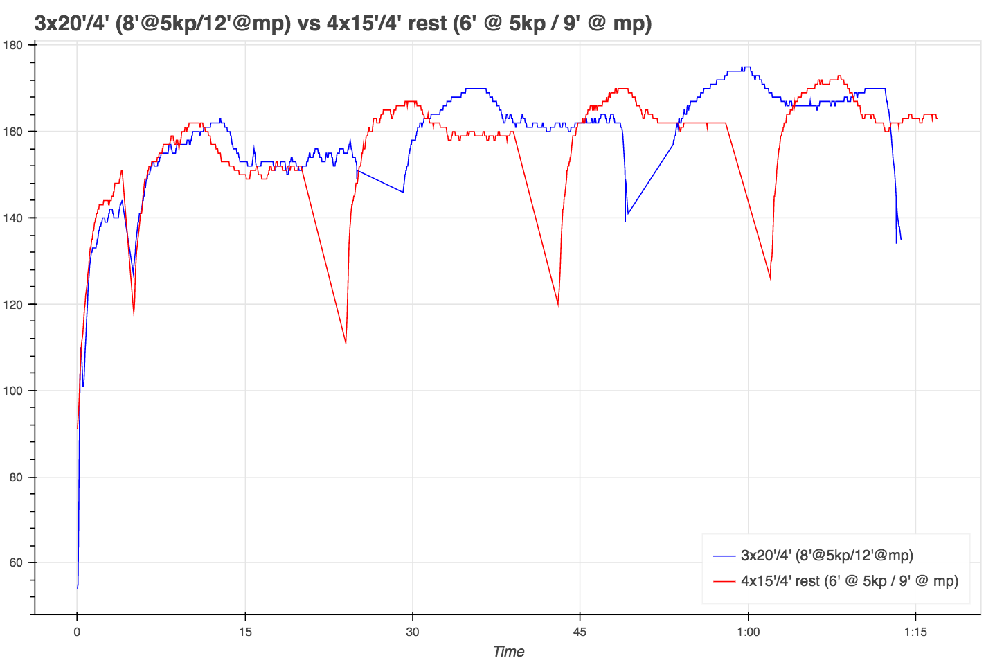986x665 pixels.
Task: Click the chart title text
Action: click(343, 24)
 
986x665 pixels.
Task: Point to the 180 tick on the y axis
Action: click(14, 45)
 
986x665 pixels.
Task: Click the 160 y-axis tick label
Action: click(14, 132)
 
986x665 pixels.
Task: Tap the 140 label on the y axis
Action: click(14, 218)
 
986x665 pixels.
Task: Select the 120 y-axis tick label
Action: click(14, 304)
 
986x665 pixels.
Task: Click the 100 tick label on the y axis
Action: click(14, 391)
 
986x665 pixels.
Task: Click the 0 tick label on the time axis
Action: click(77, 632)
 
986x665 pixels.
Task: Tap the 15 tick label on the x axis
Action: click(245, 632)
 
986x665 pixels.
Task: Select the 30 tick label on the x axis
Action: click(413, 632)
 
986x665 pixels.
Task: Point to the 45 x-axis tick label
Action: click(580, 632)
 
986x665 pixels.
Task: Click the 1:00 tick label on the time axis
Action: click(749, 632)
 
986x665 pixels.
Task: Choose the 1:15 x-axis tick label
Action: click(915, 632)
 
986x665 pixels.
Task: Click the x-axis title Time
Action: click(508, 652)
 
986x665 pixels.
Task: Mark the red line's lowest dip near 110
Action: click(346, 344)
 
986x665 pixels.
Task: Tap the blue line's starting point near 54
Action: click(78, 587)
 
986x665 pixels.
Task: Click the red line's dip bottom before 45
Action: click(558, 305)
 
